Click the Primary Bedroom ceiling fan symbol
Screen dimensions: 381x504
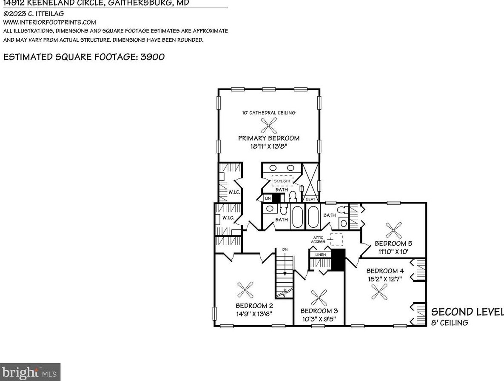[268, 125]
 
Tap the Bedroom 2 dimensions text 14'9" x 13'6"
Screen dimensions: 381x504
[254, 314]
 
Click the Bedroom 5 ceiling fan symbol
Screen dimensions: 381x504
[393, 230]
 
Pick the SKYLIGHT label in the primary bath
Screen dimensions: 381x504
[282, 181]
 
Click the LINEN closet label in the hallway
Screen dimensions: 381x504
[320, 255]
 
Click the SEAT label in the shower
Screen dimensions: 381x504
[310, 199]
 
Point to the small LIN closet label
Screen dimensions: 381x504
[268, 198]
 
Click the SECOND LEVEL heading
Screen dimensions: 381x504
[467, 311]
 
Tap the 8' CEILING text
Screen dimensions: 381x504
[450, 323]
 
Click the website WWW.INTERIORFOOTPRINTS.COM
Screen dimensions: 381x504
[50, 22]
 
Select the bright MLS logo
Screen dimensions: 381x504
[30, 372]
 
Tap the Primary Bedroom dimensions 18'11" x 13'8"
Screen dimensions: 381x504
[268, 146]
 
